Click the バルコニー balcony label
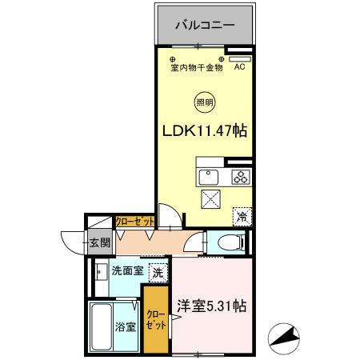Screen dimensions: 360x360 tap(206, 26)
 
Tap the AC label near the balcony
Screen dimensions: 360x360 tap(239, 67)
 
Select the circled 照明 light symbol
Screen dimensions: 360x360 tap(205, 102)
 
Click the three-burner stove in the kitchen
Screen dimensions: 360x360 tap(240, 177)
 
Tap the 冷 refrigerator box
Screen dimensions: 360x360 tap(241, 215)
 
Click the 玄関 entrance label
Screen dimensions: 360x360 tap(98, 243)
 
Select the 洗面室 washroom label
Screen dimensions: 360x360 tap(126, 271)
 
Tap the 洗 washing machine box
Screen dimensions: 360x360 tap(158, 271)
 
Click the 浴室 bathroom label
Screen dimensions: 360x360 tap(126, 326)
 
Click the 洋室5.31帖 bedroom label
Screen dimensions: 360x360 tap(211, 306)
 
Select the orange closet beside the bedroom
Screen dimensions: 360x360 tap(156, 320)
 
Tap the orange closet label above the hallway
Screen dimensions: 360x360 tap(135, 222)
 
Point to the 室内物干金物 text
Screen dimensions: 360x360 tap(197, 67)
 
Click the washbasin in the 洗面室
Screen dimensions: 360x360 tap(98, 272)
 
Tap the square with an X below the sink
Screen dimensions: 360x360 tap(211, 199)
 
